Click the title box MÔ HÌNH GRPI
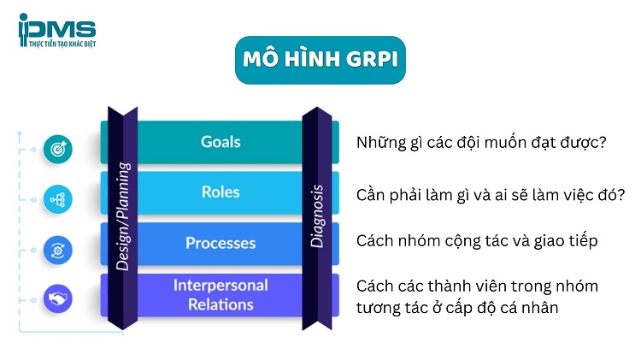[x=320, y=60]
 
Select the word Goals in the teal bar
[x=221, y=142]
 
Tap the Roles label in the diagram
[x=221, y=192]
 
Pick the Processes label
[x=221, y=243]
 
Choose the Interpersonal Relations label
[x=221, y=294]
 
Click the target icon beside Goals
[x=58, y=149]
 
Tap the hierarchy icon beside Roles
[x=58, y=199]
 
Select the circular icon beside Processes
[x=58, y=249]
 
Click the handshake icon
[x=58, y=299]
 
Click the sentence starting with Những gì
[x=481, y=143]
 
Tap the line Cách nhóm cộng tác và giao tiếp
[x=476, y=241]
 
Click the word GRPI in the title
[x=367, y=60]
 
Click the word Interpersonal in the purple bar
[x=221, y=285]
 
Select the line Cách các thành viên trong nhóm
[x=477, y=286]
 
